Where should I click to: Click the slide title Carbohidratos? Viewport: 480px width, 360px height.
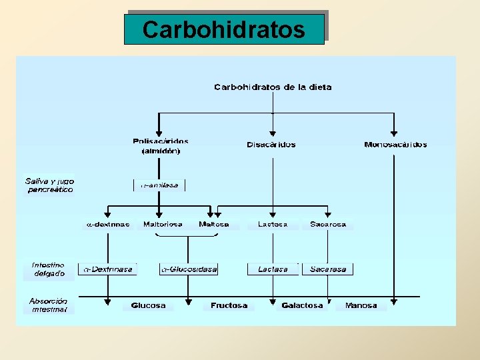[224, 29]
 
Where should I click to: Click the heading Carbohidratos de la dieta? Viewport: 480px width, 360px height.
[272, 87]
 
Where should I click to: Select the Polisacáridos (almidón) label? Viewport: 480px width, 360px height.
[160, 146]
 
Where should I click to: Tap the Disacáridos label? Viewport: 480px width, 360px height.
[271, 145]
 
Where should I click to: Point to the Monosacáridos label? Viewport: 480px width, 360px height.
[395, 145]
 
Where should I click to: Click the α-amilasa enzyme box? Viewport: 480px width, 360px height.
[159, 185]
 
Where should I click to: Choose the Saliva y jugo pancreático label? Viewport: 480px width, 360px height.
[50, 185]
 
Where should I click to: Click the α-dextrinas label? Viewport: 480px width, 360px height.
[107, 225]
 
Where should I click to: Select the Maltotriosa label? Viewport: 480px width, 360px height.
[163, 225]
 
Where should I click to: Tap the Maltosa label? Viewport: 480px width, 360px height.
[214, 225]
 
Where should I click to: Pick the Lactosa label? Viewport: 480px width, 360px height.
[273, 225]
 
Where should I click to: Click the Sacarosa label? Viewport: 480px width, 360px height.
[328, 225]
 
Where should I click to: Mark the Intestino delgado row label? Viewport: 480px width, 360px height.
[49, 269]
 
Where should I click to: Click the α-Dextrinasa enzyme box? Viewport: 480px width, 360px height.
[107, 269]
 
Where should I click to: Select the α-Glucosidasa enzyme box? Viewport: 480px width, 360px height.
[189, 269]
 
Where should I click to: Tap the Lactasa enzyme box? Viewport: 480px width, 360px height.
[273, 269]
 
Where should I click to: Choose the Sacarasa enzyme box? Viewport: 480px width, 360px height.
[328, 269]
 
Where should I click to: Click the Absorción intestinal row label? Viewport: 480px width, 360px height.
[49, 305]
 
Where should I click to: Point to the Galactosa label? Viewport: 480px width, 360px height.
[302, 306]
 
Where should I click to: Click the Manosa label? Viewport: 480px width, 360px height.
[361, 306]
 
